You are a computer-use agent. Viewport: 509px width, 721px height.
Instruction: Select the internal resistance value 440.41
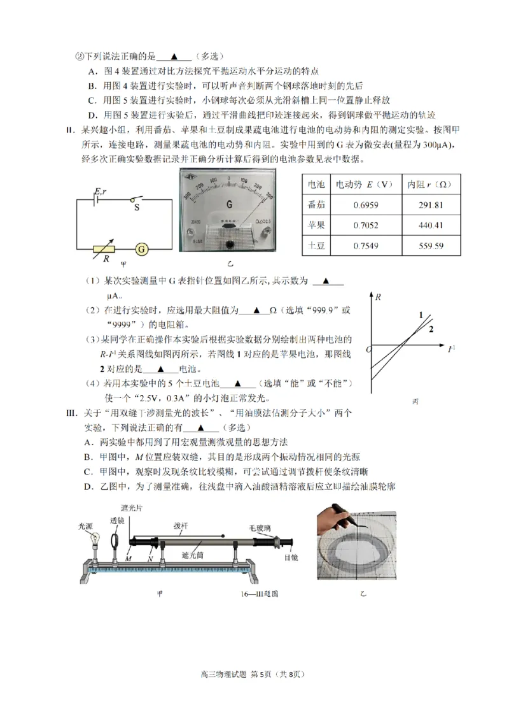tap(429, 225)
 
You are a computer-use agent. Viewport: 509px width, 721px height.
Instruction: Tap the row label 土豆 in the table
tap(316, 246)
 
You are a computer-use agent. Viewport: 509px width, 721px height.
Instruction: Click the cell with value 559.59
tap(429, 246)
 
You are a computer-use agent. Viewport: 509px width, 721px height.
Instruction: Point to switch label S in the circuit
tap(136, 207)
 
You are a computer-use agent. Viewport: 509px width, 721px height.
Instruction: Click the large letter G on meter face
tap(228, 204)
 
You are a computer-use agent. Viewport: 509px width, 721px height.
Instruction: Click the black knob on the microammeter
tap(229, 244)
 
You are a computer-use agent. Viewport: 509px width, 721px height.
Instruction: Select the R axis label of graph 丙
tap(379, 297)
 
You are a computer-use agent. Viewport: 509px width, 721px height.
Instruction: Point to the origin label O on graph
tap(367, 350)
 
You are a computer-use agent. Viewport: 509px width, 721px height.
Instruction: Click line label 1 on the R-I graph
tap(421, 315)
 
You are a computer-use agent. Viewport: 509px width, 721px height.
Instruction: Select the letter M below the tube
tap(129, 558)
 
